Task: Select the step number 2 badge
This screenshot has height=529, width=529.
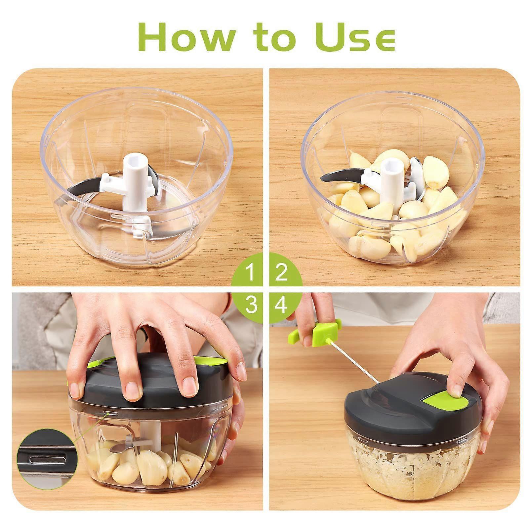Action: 281,273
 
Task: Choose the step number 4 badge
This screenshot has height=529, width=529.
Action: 281,305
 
